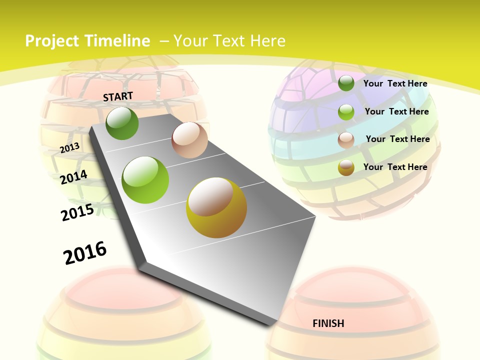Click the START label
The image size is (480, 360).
pos(118,96)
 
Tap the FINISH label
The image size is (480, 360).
pos(328,323)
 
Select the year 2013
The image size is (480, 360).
pos(70,147)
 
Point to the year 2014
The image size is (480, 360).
pos(74,177)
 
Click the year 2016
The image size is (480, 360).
pos(85,252)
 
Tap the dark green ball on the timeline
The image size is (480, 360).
pos(122,123)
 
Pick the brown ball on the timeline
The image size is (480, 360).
pos(189,140)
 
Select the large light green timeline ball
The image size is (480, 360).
pos(145,180)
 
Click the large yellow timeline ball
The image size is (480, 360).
pos(216,207)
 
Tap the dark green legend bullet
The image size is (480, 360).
pos(346,83)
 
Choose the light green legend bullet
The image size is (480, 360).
pos(346,112)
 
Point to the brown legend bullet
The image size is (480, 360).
pos(346,140)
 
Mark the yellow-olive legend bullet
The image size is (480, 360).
pos(346,167)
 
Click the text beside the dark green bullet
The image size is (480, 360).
pos(395,83)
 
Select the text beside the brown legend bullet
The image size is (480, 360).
pos(397,139)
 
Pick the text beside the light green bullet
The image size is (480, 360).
pos(396,111)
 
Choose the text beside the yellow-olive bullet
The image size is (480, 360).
pos(395,167)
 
